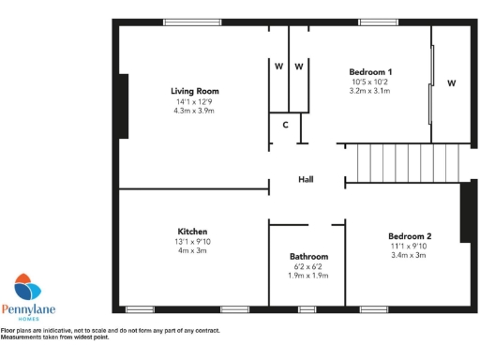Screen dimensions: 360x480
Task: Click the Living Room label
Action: click(194, 91)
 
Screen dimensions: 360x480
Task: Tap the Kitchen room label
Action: click(192, 232)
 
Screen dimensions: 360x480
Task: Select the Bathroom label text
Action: click(308, 256)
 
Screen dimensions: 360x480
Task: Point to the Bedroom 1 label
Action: click(370, 72)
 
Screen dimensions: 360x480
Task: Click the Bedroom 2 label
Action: click(410, 236)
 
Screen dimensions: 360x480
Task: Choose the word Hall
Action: click(306, 180)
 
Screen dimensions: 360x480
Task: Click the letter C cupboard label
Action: click(285, 125)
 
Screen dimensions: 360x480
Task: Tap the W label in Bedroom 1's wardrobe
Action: click(451, 83)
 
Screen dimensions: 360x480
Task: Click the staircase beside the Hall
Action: click(403, 163)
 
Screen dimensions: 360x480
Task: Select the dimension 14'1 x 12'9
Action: click(194, 101)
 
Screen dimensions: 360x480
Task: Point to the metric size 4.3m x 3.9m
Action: click(194, 112)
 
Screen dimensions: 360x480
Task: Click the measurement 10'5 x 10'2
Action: click(370, 82)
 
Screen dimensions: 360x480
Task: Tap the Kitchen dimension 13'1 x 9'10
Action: click(192, 241)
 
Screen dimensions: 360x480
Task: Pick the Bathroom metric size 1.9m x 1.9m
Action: click(308, 276)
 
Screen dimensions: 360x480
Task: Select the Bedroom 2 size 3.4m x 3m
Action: click(410, 256)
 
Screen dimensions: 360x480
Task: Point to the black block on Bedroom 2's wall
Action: click(464, 213)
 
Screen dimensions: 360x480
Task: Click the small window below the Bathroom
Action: click(307, 308)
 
